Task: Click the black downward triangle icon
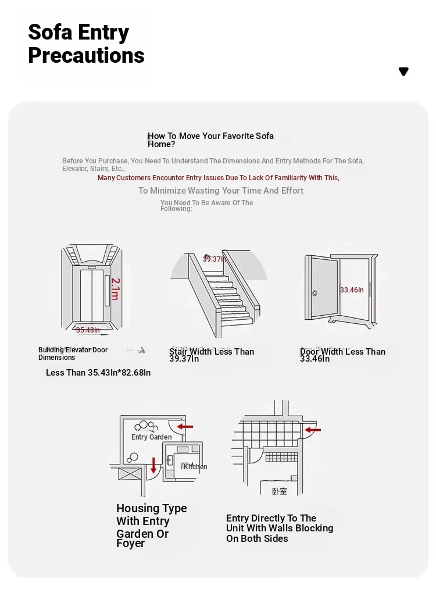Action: [x=403, y=72]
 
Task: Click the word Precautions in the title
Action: [x=86, y=56]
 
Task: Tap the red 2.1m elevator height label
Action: [x=115, y=288]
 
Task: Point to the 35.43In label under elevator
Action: [x=88, y=330]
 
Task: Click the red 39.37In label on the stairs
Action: [x=215, y=259]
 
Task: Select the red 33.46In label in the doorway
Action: [x=352, y=290]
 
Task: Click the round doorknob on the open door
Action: [x=315, y=293]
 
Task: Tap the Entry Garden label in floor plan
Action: [x=151, y=437]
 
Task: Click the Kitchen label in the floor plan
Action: [x=195, y=466]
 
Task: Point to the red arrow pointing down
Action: [x=153, y=465]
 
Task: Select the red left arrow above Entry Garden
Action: [x=185, y=427]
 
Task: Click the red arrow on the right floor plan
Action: [x=313, y=431]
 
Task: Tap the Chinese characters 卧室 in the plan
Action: [x=280, y=491]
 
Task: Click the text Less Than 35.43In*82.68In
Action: [x=98, y=373]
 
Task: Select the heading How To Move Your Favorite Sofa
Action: [x=210, y=136]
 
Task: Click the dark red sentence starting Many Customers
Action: [x=218, y=178]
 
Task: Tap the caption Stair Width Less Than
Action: [x=212, y=351]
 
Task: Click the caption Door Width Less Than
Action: [x=342, y=351]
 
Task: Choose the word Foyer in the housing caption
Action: [x=131, y=544]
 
